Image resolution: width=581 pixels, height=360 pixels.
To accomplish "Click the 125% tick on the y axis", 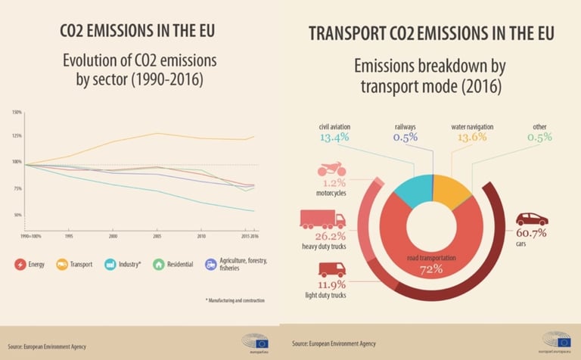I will [x=16, y=136].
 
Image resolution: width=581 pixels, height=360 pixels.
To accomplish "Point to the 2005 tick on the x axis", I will [x=156, y=236].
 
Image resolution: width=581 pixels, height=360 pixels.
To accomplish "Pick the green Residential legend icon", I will [x=158, y=264].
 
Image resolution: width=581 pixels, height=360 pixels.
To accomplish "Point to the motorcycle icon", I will [x=330, y=169].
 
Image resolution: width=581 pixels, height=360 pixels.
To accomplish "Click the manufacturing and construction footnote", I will [x=234, y=300].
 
